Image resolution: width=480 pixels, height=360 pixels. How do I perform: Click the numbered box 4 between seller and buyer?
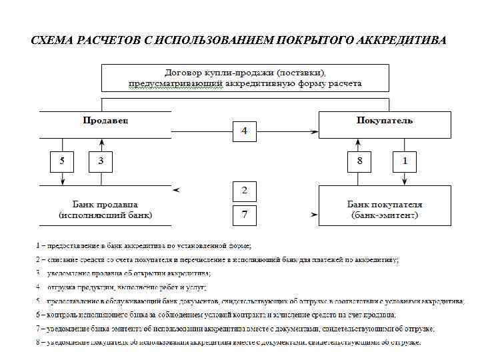pyautogui.click(x=245, y=131)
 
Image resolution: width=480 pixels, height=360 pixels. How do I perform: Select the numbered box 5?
pyautogui.click(x=62, y=161)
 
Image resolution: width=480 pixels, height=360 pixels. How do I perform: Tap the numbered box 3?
pyautogui.click(x=101, y=161)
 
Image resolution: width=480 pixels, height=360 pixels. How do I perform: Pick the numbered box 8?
pyautogui.click(x=359, y=161)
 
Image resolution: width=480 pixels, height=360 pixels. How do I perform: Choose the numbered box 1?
pyautogui.click(x=404, y=161)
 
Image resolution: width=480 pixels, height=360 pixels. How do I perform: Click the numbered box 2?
pyautogui.click(x=245, y=191)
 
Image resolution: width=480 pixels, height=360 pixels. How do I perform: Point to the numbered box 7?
pyautogui.click(x=245, y=215)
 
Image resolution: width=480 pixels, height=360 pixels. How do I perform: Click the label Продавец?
pyautogui.click(x=105, y=121)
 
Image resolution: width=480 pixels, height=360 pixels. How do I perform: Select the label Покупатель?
pyautogui.click(x=385, y=121)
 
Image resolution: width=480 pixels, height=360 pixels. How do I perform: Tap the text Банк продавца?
pyautogui.click(x=105, y=204)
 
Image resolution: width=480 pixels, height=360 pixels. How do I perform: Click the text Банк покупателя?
pyautogui.click(x=385, y=204)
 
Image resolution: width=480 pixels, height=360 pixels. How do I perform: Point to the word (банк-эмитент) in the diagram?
pyautogui.click(x=385, y=215)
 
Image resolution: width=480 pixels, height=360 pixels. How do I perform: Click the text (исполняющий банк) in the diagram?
pyautogui.click(x=105, y=215)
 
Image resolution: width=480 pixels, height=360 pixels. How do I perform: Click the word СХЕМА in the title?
pyautogui.click(x=54, y=40)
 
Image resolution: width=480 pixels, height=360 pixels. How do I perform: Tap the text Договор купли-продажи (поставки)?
pyautogui.click(x=245, y=72)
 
